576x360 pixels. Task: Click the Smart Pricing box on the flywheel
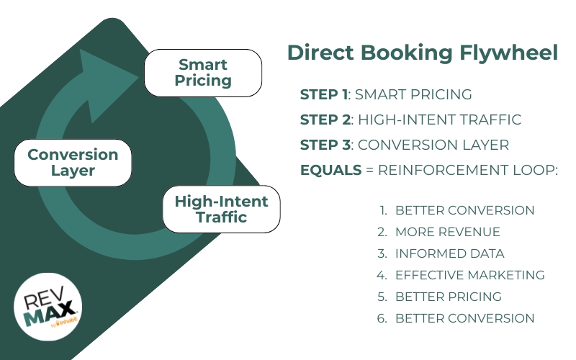click(204, 73)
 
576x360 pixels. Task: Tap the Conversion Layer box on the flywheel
click(73, 163)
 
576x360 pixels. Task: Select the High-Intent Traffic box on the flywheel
click(221, 209)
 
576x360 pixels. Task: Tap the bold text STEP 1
click(323, 94)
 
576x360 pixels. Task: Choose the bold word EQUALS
click(328, 170)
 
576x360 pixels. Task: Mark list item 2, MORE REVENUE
click(447, 232)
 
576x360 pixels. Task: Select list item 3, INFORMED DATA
click(449, 253)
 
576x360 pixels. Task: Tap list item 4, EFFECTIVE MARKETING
click(469, 275)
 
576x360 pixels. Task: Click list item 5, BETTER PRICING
click(448, 297)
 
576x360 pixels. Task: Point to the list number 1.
click(383, 210)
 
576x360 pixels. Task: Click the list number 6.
click(382, 318)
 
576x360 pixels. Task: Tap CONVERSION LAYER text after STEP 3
click(433, 145)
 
